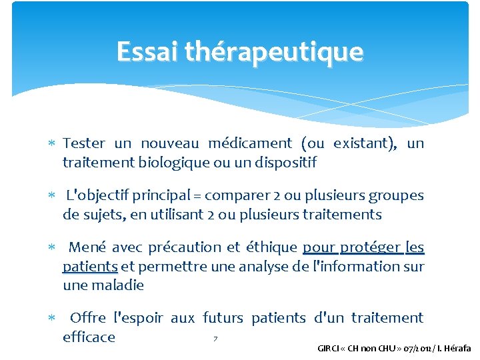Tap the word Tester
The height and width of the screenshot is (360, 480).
click(84, 143)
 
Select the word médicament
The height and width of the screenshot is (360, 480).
click(250, 143)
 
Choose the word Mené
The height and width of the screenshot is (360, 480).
click(87, 247)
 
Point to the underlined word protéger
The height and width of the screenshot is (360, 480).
click(371, 247)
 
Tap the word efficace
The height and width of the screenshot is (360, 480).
click(89, 337)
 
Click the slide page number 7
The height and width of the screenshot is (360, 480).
click(215, 340)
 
